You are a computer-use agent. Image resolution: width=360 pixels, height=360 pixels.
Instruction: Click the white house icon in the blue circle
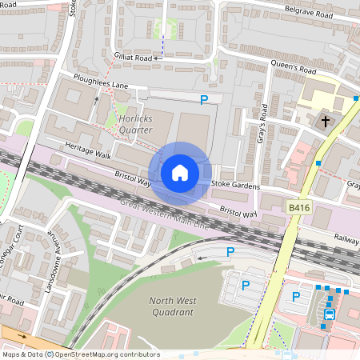(180, 173)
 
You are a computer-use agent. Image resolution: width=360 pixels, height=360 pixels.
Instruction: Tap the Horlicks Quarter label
(135, 124)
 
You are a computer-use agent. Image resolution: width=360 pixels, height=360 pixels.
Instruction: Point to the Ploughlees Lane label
(97, 83)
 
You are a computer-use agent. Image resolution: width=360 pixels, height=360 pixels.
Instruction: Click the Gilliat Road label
(133, 58)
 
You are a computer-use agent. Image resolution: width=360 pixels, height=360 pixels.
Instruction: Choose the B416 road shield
(298, 207)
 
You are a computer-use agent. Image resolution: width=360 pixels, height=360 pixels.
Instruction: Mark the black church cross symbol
(325, 122)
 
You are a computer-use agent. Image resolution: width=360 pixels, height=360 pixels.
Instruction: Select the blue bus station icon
(329, 314)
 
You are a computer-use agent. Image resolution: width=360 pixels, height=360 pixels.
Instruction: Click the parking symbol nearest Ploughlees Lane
(204, 99)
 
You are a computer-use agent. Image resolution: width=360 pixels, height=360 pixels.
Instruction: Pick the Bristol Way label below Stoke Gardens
(239, 214)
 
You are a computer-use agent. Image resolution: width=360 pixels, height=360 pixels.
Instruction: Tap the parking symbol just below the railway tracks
(230, 251)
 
